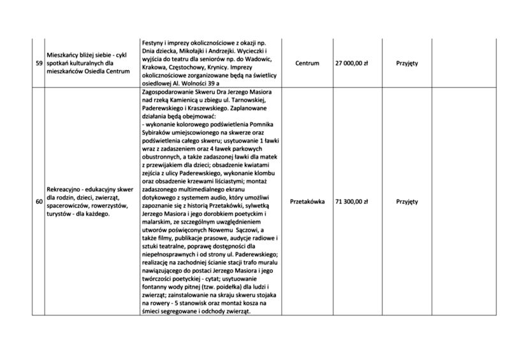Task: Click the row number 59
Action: (39, 63)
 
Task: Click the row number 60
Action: (39, 201)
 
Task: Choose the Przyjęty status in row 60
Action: (407, 201)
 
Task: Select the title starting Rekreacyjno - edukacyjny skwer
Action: (89, 190)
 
